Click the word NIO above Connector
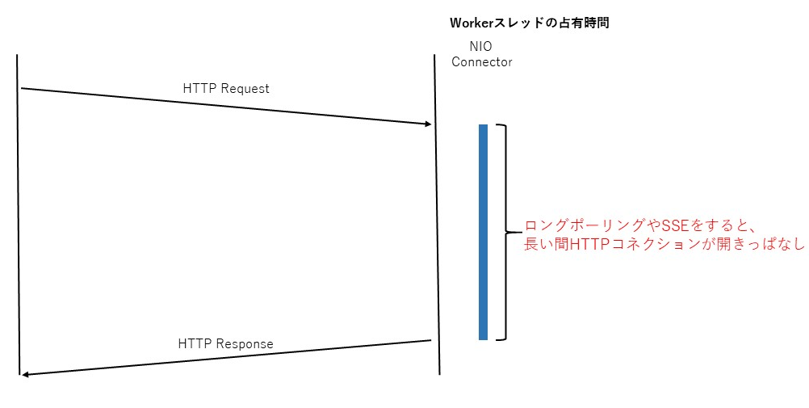[481, 47]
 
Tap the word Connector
[481, 61]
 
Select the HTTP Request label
[226, 88]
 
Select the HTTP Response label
[225, 343]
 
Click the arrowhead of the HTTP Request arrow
[429, 124]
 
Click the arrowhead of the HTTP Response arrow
[26, 375]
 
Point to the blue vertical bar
[483, 232]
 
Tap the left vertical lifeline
[18, 226]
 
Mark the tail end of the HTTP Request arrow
[22, 88]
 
